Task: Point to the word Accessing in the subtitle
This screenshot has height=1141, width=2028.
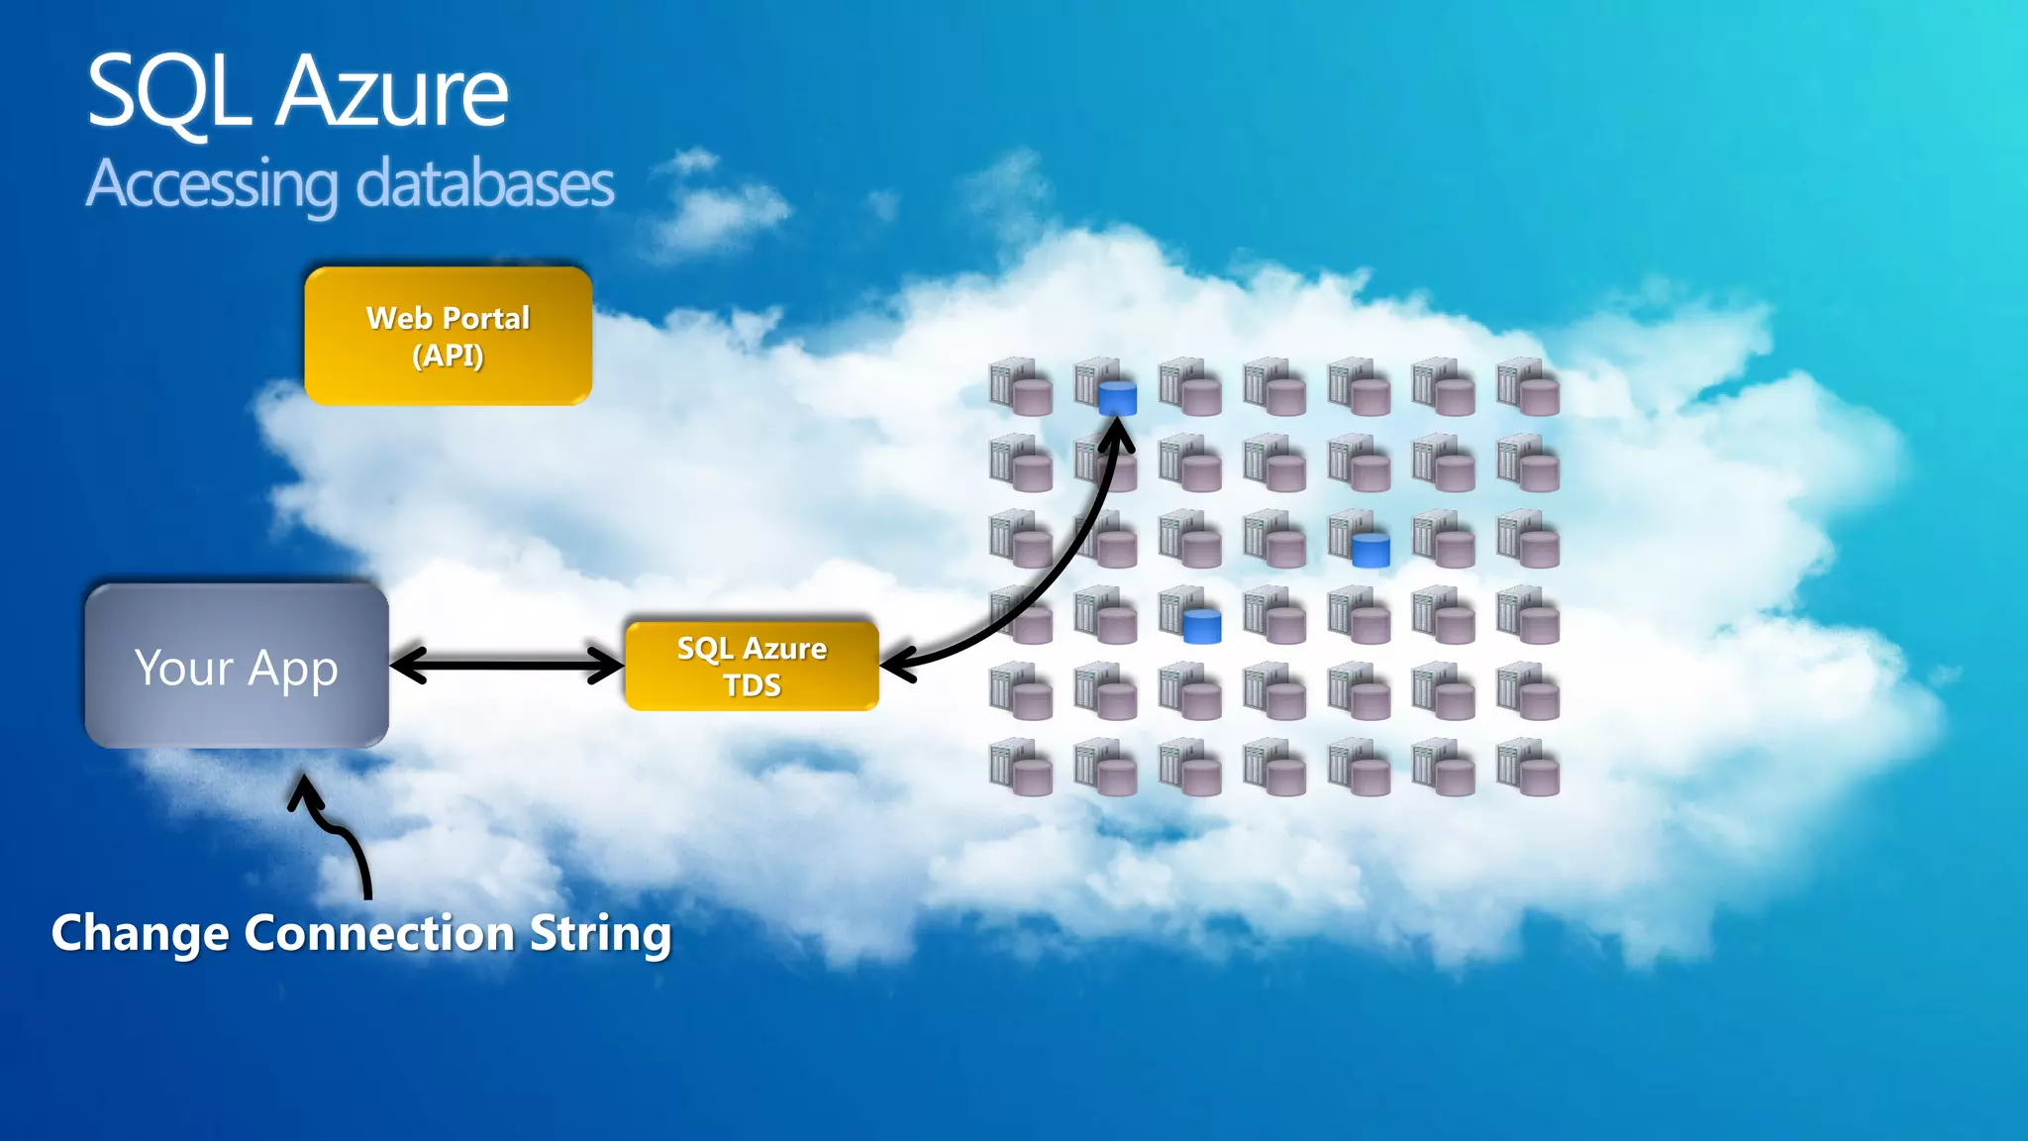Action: click(212, 184)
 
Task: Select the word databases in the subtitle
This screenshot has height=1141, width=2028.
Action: click(484, 184)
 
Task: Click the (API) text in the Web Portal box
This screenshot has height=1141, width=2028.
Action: click(448, 355)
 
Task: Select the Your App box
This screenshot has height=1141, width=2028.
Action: click(237, 666)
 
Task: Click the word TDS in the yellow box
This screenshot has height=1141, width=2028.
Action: click(752, 685)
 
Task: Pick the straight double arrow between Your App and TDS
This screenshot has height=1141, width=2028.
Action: click(507, 666)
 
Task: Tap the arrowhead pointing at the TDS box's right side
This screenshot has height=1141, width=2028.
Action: click(897, 663)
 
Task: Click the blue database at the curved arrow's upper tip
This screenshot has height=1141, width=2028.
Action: click(1117, 398)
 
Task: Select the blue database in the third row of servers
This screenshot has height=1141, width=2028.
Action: click(1370, 550)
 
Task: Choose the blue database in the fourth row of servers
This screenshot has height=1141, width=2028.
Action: click(1202, 626)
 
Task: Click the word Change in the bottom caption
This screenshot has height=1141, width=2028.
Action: click(141, 933)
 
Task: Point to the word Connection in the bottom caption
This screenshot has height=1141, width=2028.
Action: click(379, 933)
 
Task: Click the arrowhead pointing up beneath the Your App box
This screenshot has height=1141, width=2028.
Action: click(305, 792)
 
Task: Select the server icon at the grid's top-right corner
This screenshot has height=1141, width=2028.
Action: click(1528, 387)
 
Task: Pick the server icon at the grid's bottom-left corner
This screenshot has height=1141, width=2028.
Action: click(1020, 768)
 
